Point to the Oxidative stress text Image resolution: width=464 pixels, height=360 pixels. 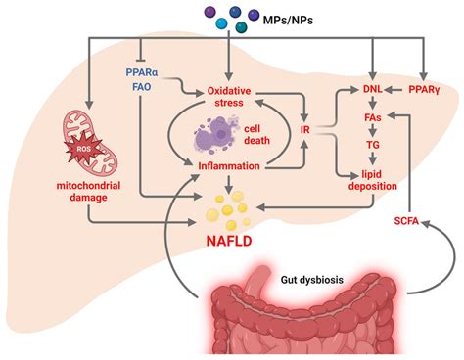coord(227,99)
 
